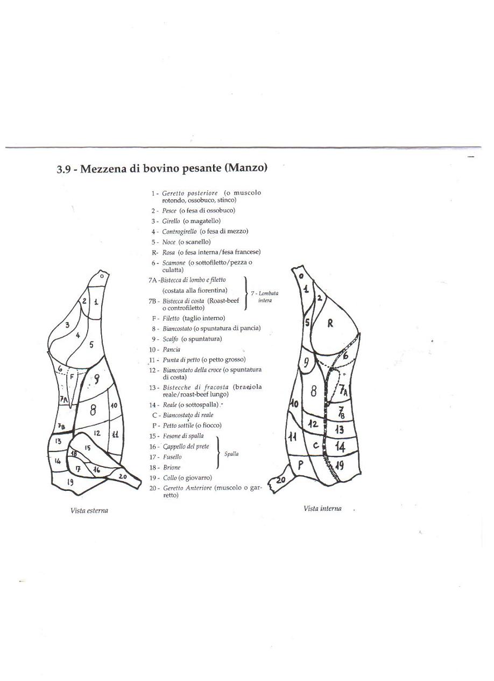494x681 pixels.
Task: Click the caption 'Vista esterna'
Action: [x=89, y=510]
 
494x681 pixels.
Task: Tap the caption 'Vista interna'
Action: [x=322, y=508]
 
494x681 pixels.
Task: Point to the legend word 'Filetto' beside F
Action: [x=172, y=318]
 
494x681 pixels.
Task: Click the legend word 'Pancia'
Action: [x=172, y=350]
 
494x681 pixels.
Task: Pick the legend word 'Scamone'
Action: [x=174, y=263]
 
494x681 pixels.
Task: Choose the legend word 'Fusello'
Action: [x=172, y=457]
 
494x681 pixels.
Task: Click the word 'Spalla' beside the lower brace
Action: [x=231, y=454]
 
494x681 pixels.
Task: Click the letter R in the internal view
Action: [x=330, y=323]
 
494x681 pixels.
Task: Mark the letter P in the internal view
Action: [x=301, y=464]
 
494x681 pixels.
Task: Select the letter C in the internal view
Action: [x=316, y=446]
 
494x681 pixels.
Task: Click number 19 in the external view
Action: [x=70, y=482]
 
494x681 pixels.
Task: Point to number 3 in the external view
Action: [x=67, y=324]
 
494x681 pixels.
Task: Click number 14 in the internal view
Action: [x=340, y=446]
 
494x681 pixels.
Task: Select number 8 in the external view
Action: [x=93, y=410]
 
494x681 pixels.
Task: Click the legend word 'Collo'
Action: [x=170, y=478]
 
